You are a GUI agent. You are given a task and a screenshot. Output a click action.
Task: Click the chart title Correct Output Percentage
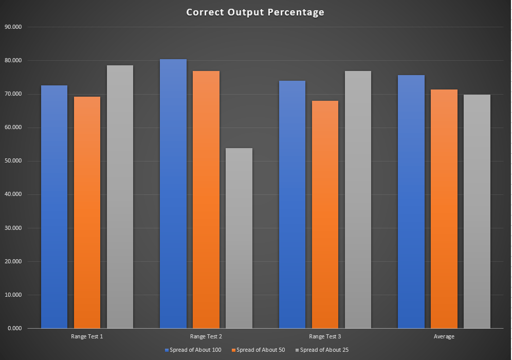pos(255,12)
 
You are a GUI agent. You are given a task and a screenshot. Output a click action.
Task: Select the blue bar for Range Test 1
pos(54,207)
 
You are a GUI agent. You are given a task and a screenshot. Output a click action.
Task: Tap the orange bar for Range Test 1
pos(87,212)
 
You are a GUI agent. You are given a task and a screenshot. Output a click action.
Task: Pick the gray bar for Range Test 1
pos(120,196)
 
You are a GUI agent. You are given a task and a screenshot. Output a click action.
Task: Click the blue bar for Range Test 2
pos(173,194)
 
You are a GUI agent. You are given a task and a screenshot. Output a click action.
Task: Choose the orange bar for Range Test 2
pos(206,200)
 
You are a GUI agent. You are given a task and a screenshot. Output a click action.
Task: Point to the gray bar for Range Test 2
pos(239,238)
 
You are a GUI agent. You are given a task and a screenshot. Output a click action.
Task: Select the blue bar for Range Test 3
pos(292,205)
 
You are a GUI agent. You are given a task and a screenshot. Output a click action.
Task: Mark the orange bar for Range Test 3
pos(325,214)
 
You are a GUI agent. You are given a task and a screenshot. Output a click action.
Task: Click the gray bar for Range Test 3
pos(358,200)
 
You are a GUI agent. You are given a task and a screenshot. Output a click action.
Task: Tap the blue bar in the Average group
pos(411,202)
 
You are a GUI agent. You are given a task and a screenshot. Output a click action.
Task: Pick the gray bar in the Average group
pos(477,211)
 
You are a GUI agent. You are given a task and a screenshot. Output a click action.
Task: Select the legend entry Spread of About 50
pos(258,350)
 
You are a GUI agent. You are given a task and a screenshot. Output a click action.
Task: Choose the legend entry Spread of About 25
pos(322,350)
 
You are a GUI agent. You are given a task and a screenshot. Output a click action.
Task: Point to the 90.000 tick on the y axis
pos(13,27)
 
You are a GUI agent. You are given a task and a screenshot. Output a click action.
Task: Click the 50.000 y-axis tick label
pos(13,161)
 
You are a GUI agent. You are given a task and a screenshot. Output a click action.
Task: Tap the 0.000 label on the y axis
pos(15,328)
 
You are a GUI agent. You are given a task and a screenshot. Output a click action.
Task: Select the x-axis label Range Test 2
pos(206,336)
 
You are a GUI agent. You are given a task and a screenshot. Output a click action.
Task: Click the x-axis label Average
pos(444,336)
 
